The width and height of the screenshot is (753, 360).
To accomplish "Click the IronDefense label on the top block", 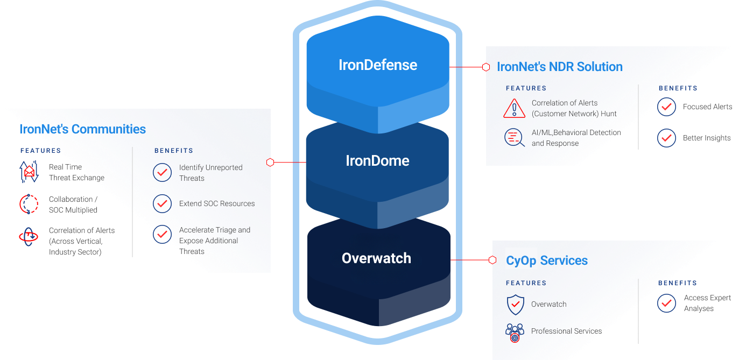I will coord(377,65).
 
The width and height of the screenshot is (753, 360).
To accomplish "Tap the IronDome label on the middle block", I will coord(377,160).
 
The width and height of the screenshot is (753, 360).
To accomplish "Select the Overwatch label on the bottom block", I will coord(376,258).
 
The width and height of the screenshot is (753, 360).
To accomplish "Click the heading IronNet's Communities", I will coord(82,129).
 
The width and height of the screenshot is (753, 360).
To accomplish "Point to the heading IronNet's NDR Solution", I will coord(560,67).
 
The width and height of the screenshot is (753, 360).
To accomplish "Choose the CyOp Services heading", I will coord(546,261).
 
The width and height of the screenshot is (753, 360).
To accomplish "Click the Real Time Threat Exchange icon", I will coord(29,172).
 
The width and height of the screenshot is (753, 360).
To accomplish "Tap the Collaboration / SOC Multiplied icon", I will coord(29,204).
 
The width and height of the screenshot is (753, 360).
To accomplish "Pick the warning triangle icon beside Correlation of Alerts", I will coord(514,108).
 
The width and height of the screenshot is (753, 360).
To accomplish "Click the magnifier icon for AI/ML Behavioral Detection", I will coord(514,138).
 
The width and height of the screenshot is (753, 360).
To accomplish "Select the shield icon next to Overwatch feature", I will coord(515,304).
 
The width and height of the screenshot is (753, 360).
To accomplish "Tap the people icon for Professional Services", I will coord(515,332).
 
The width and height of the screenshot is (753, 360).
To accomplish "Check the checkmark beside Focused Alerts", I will coord(666,107).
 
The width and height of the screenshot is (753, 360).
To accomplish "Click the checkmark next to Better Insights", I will coord(666,138).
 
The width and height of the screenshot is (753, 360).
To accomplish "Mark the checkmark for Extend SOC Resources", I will coord(162,203).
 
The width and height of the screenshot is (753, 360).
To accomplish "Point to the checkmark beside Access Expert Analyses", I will coord(666,303).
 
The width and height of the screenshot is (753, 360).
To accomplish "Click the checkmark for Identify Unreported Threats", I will coord(162,173).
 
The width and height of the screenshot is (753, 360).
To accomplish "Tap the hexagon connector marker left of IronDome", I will coord(270,162).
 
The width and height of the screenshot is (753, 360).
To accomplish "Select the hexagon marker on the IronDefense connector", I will coord(485,67).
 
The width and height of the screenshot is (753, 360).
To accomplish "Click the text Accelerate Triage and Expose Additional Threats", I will coord(214,241).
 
